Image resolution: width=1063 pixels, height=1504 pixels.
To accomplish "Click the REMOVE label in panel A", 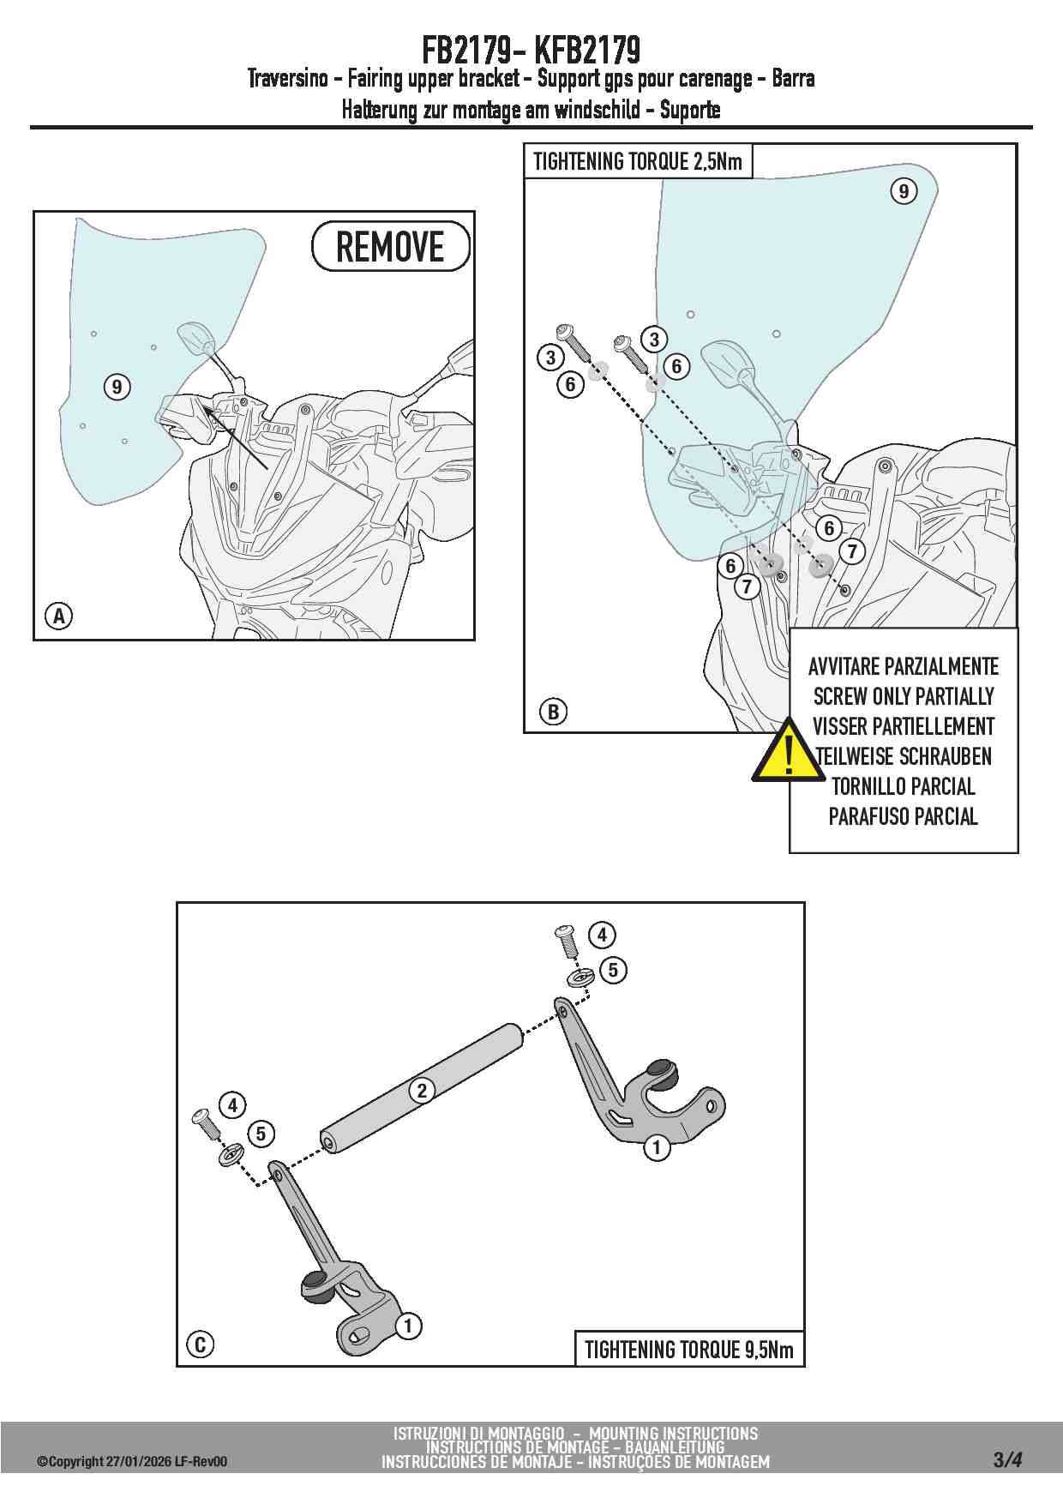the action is tap(390, 247).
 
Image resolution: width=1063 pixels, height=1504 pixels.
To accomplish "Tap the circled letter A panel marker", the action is tap(59, 616).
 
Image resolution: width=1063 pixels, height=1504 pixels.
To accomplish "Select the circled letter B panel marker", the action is tap(553, 711).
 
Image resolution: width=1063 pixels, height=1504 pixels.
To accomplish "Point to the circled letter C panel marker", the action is tap(200, 1344).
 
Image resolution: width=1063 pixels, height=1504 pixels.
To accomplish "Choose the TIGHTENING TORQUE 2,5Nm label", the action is tap(638, 161).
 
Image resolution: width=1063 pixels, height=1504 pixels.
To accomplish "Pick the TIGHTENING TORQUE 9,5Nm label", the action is tap(689, 1350).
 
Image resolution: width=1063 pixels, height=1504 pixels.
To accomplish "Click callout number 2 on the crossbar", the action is tap(422, 1091).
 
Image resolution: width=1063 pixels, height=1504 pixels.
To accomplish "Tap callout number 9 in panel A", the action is tap(117, 387).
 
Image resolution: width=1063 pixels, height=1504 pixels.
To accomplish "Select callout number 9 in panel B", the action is tap(904, 190).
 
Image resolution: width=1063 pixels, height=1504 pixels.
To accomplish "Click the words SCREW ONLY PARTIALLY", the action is tap(904, 696).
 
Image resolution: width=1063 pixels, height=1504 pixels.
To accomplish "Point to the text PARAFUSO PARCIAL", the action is tap(904, 816).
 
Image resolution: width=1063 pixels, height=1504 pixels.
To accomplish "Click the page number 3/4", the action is tap(1008, 1459).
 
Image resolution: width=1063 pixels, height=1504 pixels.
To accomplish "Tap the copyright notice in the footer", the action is tap(132, 1461).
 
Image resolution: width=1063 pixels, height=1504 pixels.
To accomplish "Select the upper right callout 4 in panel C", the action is tap(602, 935).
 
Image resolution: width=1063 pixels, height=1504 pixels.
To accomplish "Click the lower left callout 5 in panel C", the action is tap(261, 1134).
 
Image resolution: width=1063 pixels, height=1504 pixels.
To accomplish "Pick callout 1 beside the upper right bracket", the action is tap(657, 1147).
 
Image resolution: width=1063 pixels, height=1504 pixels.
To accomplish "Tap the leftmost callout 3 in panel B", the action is tap(550, 358).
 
